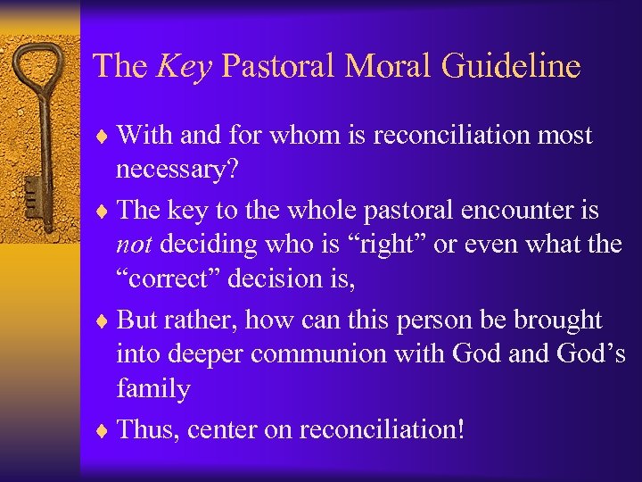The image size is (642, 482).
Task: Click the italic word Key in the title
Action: click(x=183, y=66)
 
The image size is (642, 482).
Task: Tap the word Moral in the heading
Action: click(x=378, y=66)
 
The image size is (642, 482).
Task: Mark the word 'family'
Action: click(x=152, y=390)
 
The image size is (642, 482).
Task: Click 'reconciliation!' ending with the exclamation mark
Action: click(x=382, y=429)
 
